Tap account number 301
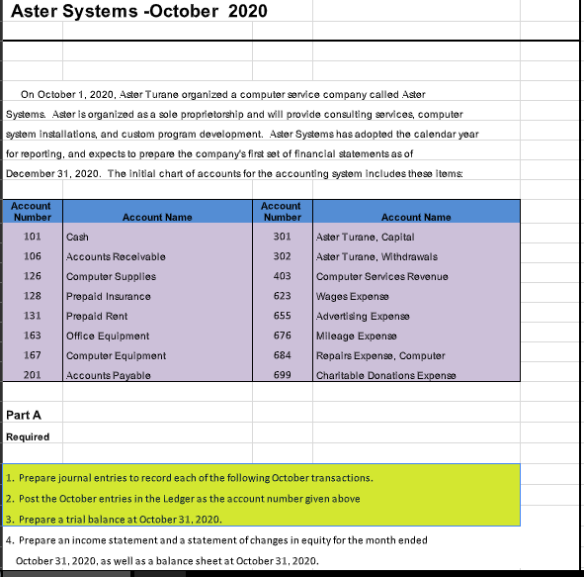pos(283,237)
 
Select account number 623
pos(283,295)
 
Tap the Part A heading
pos(22,415)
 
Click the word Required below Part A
pos(28,436)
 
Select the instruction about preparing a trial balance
pos(113,519)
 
